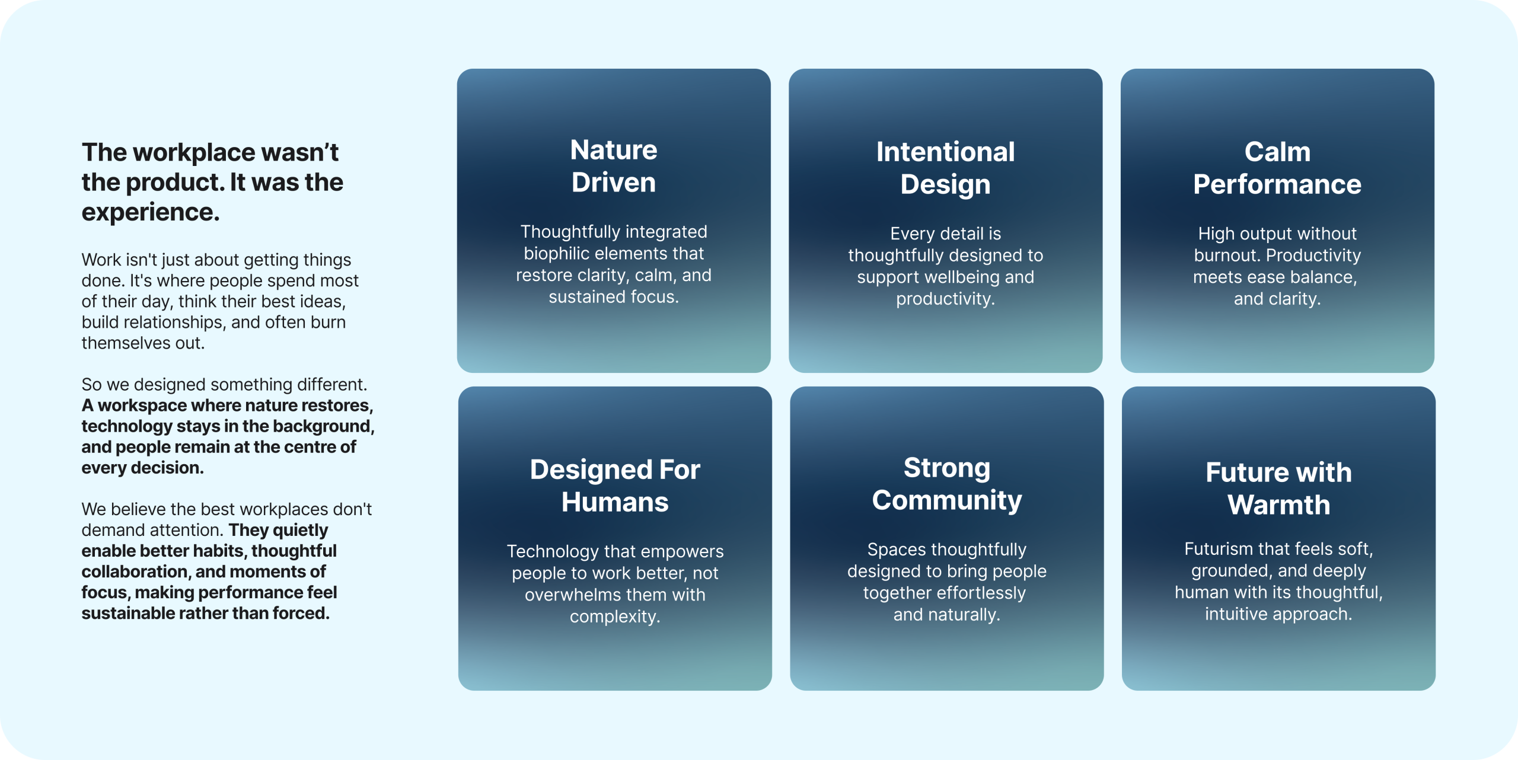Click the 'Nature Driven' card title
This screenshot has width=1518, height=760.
coord(614,166)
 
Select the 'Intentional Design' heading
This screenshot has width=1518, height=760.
coord(946,168)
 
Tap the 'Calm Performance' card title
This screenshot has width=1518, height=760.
coord(1277,168)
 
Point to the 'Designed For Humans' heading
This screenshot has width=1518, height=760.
coord(615,486)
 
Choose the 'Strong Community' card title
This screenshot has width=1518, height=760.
coord(947,484)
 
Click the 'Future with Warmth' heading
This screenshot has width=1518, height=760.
coord(1278,488)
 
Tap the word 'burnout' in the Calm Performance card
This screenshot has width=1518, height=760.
coord(1227,256)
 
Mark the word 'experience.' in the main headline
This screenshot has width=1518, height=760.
coord(151,213)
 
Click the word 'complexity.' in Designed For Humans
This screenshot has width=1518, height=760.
coord(615,617)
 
